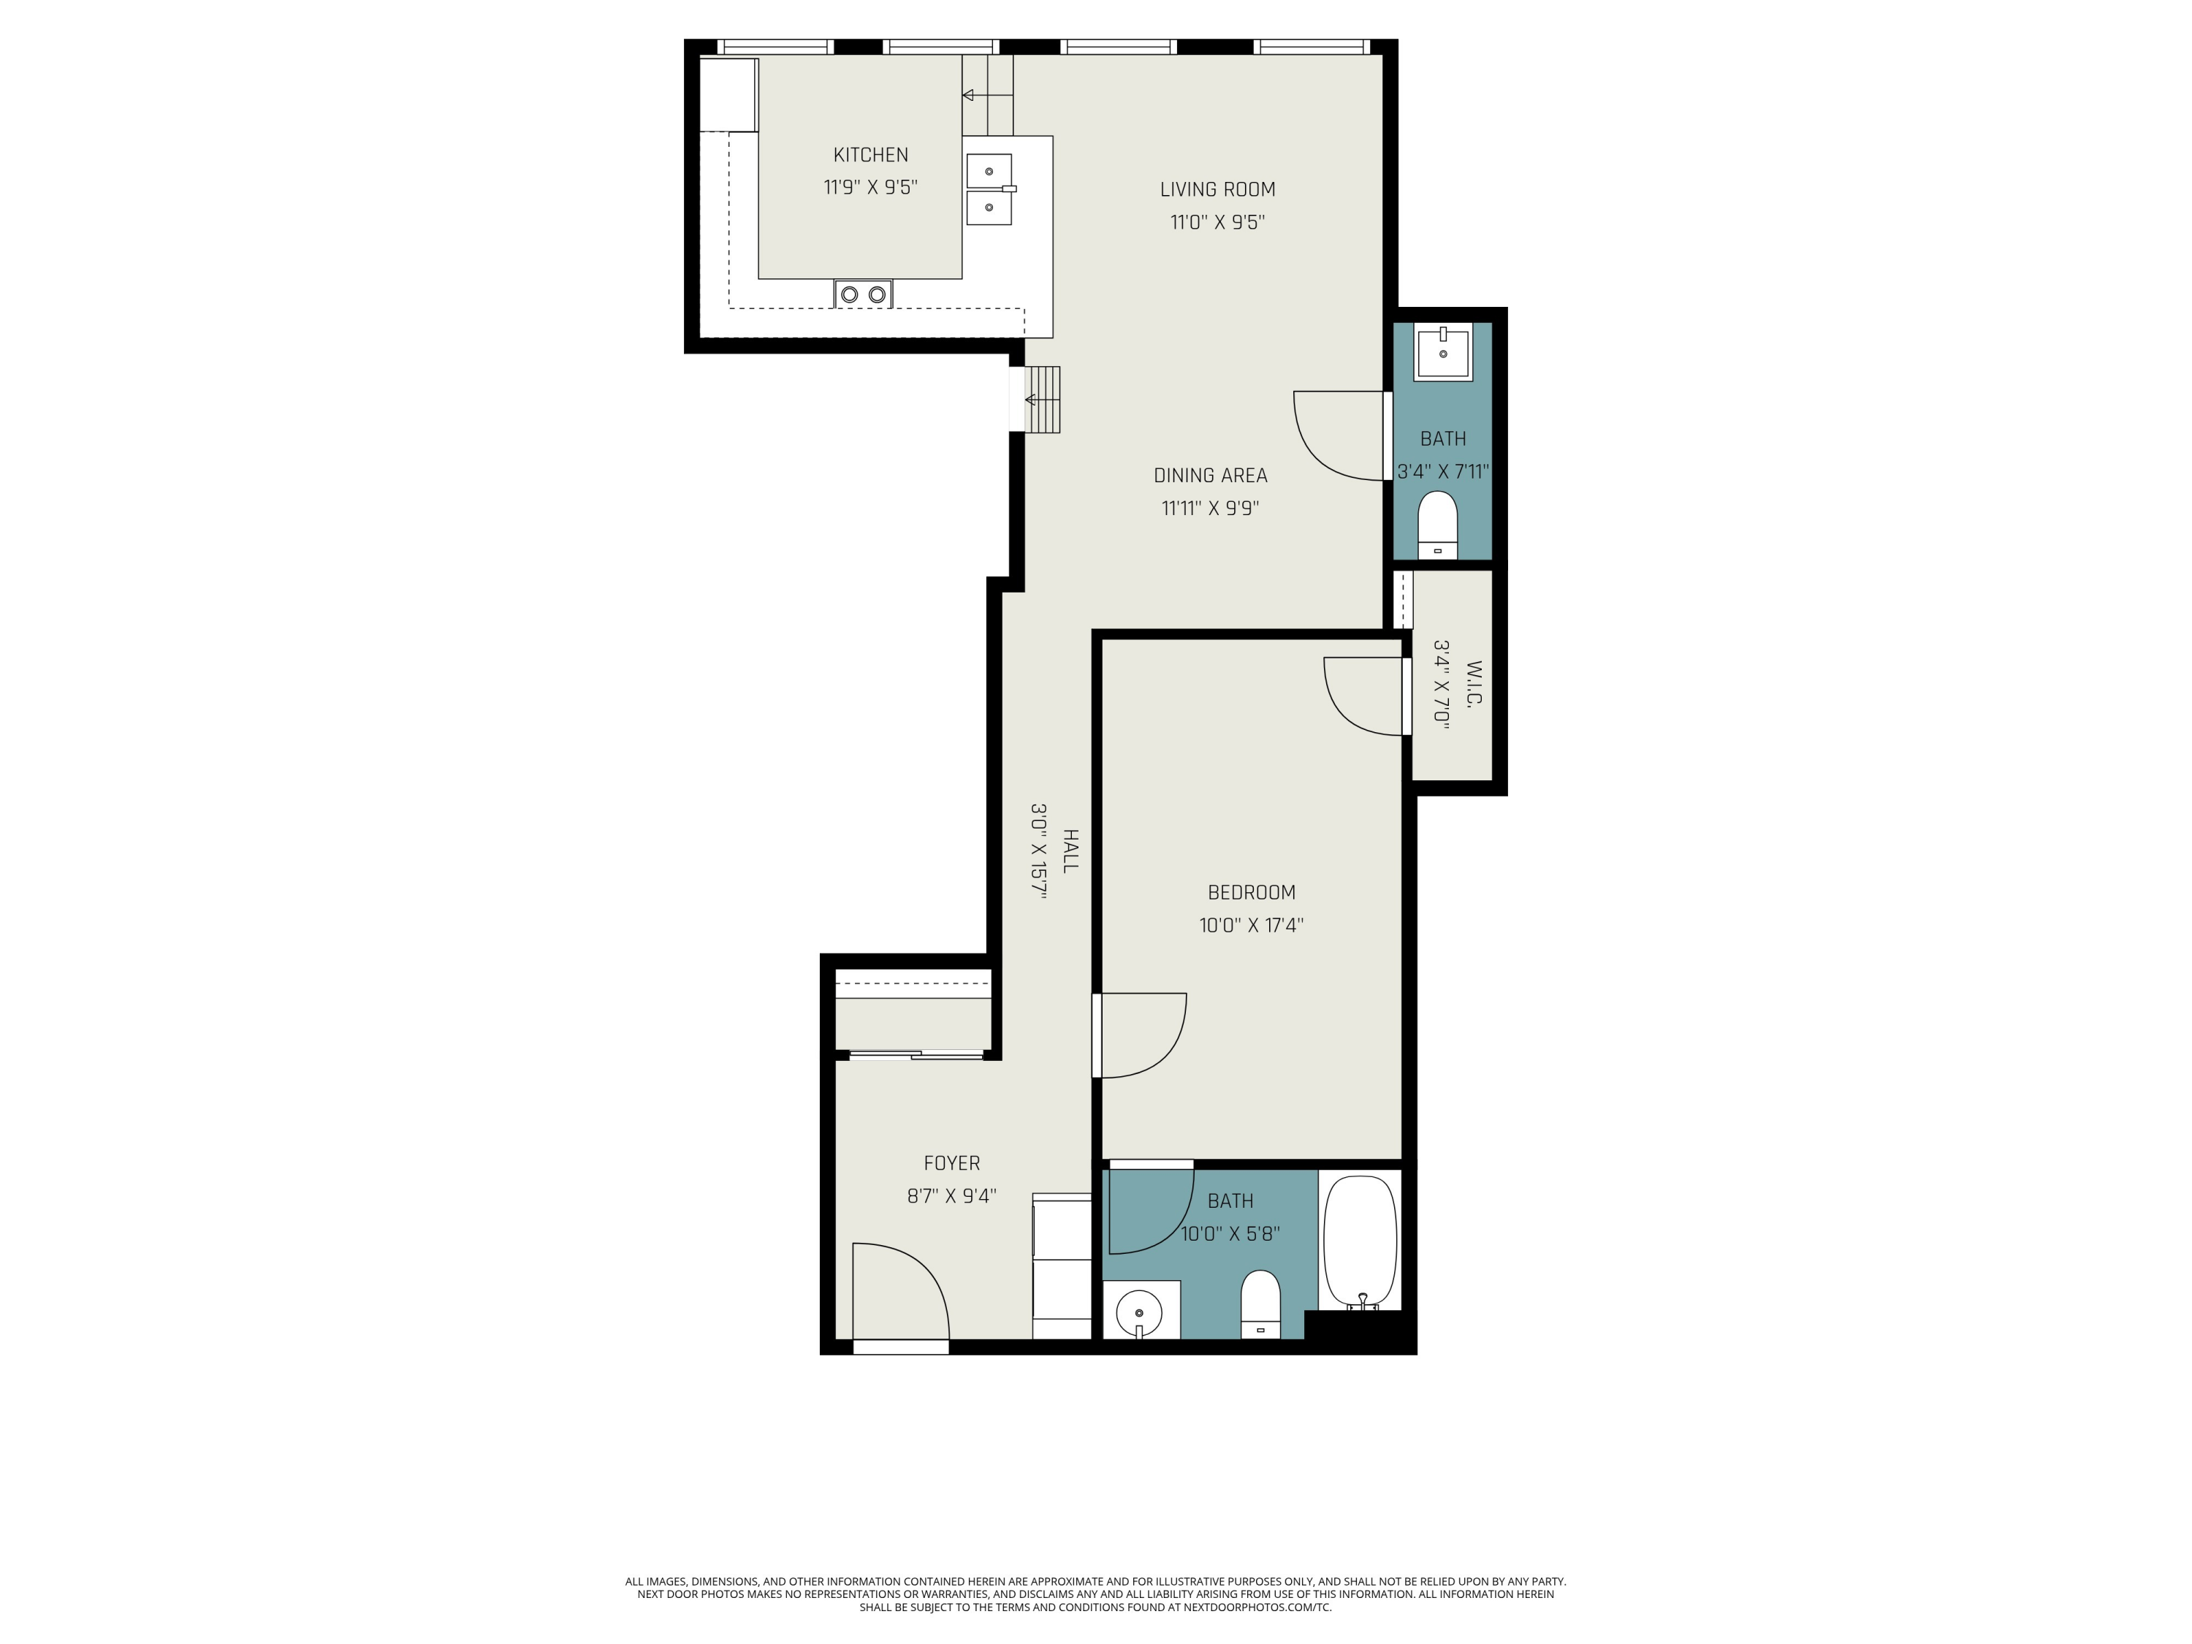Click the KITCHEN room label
pos(870,155)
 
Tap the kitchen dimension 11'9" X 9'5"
pos(870,187)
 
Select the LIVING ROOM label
pos(1217,189)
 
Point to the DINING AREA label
pos(1210,476)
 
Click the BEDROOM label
pos(1251,892)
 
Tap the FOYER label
pos(951,1163)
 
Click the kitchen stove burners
pos(863,294)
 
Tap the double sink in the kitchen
pos(989,189)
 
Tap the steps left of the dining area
pos(1043,400)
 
